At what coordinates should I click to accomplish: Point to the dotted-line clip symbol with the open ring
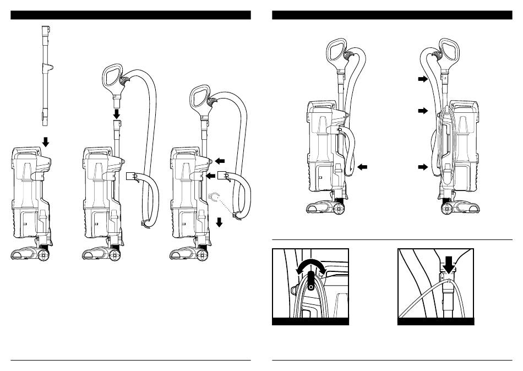(215, 195)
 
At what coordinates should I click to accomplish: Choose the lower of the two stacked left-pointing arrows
(210, 176)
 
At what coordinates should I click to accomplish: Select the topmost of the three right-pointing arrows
(422, 79)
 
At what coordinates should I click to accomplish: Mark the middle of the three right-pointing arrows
(422, 111)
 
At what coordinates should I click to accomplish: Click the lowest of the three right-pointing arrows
(422, 166)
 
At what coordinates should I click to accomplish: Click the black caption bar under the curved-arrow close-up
(310, 321)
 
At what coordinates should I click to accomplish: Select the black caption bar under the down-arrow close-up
(435, 321)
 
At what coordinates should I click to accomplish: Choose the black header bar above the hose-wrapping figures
(392, 15)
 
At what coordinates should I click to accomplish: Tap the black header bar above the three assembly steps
(130, 15)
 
